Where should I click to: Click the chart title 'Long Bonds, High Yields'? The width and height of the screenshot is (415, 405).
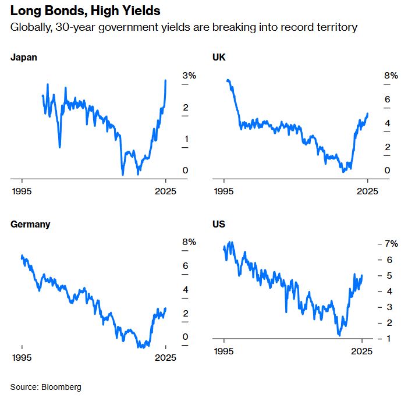pos(86,11)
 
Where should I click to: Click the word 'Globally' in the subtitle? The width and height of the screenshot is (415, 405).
pos(29,27)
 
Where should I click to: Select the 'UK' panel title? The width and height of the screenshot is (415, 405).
pos(219,58)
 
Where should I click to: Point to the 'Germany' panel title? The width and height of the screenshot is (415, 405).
pos(30,224)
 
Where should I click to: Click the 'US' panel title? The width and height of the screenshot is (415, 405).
pos(219,224)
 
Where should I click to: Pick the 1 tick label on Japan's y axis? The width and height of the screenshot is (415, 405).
pos(169,139)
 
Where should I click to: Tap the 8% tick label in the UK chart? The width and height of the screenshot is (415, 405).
pos(374,76)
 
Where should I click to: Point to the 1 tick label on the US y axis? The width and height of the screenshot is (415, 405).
pos(371,338)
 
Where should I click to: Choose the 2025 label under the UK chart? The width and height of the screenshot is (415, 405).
pos(367,190)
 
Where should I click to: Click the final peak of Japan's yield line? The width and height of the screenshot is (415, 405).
pos(166,81)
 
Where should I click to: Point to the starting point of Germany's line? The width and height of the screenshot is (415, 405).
pos(22,256)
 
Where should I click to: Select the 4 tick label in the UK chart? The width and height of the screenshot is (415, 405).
pos(371,123)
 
